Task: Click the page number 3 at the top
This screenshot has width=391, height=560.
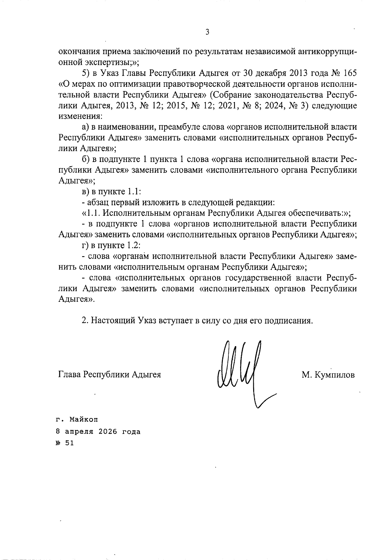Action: (x=207, y=32)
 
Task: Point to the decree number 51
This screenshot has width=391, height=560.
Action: (x=69, y=443)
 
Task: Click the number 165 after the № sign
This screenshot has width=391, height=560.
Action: (x=348, y=73)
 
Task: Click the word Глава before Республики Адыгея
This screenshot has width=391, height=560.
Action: (x=69, y=375)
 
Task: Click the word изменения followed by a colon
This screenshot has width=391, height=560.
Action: (x=80, y=116)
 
